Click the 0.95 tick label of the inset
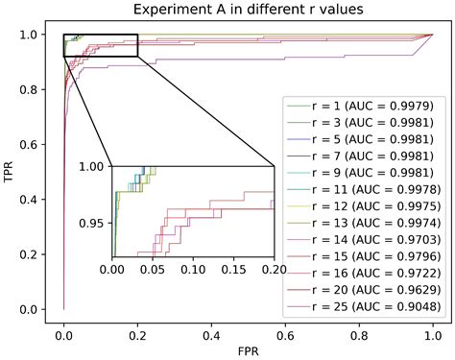(94, 223)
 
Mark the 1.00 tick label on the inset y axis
(94, 167)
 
